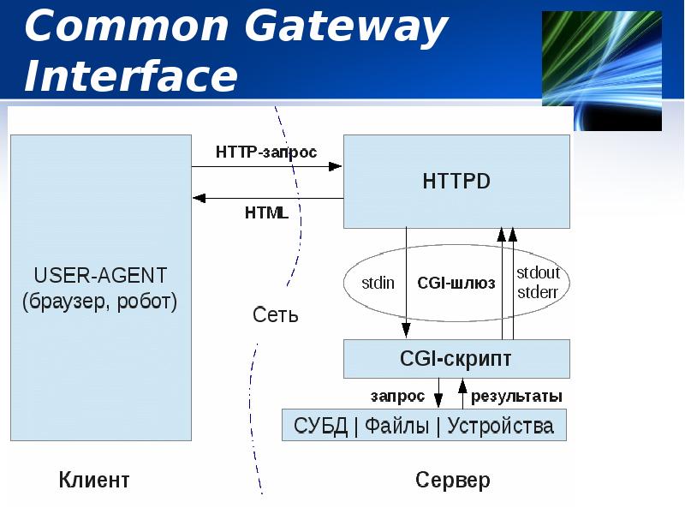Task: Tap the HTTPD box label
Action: click(x=456, y=182)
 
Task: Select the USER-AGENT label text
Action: click(x=100, y=276)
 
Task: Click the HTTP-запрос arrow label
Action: click(x=266, y=152)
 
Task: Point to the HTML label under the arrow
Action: click(x=266, y=213)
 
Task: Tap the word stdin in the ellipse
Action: click(x=378, y=284)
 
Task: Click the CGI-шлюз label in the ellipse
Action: click(x=456, y=284)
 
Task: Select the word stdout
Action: click(x=538, y=273)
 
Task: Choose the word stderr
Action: click(x=538, y=291)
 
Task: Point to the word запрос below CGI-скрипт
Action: click(x=397, y=396)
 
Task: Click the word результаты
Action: click(x=516, y=396)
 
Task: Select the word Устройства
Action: click(x=500, y=425)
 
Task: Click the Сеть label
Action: click(x=276, y=314)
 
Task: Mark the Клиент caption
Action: click(x=94, y=479)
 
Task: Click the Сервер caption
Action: click(x=453, y=479)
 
